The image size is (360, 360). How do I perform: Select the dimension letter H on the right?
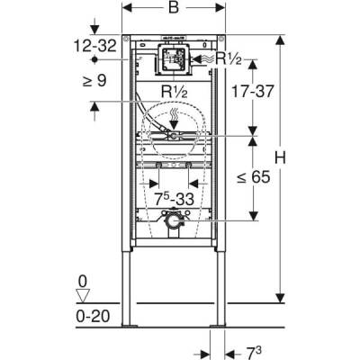point(280,157)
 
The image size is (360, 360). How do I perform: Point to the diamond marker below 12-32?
point(94,56)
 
